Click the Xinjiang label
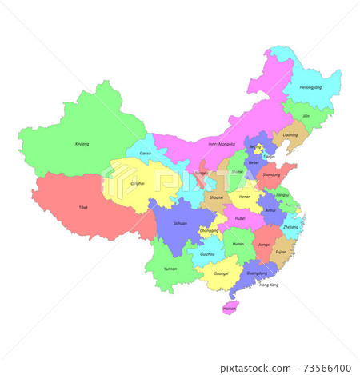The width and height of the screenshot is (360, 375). click(x=82, y=144)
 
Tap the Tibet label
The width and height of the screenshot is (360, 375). click(x=83, y=207)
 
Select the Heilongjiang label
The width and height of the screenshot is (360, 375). click(x=310, y=86)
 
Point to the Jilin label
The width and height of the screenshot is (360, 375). click(x=306, y=117)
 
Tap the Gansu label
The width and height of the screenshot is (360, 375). click(x=145, y=153)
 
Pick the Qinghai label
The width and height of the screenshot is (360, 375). click(x=138, y=183)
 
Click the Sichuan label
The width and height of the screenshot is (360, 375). click(x=180, y=223)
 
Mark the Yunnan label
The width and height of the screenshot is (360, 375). click(x=170, y=269)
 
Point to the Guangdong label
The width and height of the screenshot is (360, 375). click(x=258, y=273)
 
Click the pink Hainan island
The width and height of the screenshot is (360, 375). click(x=230, y=307)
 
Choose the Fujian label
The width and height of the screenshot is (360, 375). click(x=280, y=252)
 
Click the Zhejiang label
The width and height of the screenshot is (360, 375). click(x=291, y=227)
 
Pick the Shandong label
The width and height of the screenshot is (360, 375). click(x=271, y=174)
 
